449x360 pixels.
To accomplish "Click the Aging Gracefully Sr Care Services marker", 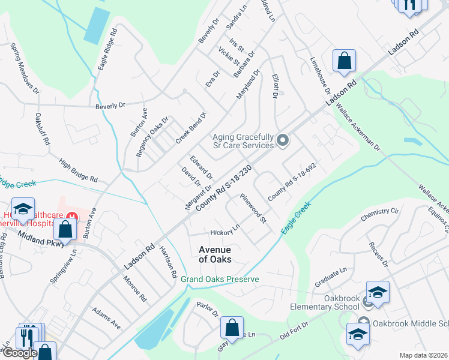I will (283, 141).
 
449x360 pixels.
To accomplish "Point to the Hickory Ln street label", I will (225, 230).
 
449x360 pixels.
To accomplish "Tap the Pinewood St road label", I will (253, 208).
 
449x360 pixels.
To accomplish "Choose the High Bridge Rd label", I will (79, 170).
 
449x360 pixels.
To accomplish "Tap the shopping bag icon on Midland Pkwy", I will (65, 229).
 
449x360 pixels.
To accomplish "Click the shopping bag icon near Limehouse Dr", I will (345, 61).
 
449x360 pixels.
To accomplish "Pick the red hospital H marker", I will (72, 217).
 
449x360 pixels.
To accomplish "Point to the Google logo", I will (20, 353).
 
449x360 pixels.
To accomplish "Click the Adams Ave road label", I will (106, 319).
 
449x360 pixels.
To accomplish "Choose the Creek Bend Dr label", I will (191, 128).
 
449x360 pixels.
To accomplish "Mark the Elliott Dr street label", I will (276, 86).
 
